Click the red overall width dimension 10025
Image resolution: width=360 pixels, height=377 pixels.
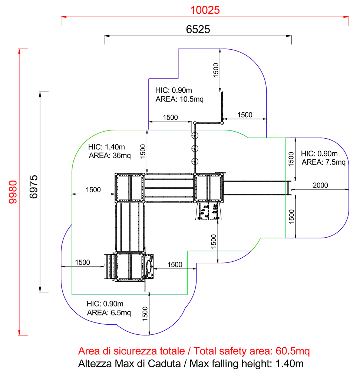pos(205,10)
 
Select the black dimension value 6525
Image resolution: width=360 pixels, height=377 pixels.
pos(198,29)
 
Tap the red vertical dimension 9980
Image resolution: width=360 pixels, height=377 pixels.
pos(13,192)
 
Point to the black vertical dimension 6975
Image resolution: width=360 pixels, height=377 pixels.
pos(33,186)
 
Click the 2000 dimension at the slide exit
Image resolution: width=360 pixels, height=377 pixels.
pos(320,185)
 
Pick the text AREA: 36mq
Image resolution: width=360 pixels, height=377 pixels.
pos(110,156)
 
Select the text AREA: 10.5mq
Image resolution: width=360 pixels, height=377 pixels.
pos(179,99)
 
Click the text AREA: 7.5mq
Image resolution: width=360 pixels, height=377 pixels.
pos(323,162)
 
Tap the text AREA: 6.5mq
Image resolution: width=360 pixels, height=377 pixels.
pos(109,312)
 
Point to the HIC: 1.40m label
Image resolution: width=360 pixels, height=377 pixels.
pos(106,147)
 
